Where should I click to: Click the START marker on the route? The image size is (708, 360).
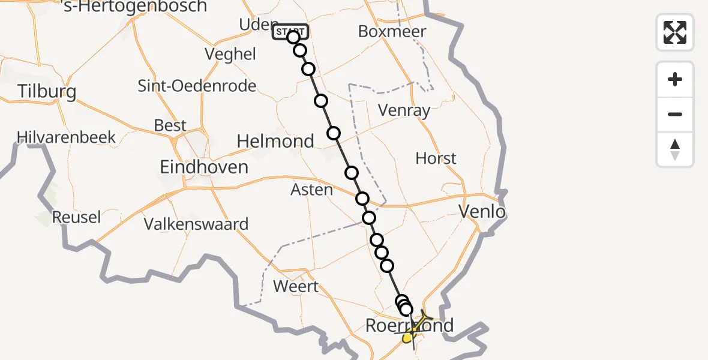[x=290, y=32]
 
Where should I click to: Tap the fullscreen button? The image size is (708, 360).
[x=675, y=32]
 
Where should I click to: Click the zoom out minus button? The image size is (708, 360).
[x=675, y=114]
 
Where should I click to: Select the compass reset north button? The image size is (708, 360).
[x=675, y=149]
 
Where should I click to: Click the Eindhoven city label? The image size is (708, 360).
[x=204, y=167]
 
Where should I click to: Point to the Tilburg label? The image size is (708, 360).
[x=47, y=92]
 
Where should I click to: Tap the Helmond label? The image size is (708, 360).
[x=275, y=142]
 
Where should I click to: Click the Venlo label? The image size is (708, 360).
[x=481, y=211]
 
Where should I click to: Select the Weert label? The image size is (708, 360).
[x=296, y=286]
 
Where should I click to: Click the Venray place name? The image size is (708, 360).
[x=404, y=110]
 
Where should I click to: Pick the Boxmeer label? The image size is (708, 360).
[x=392, y=31]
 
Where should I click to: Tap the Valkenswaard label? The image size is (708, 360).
[x=196, y=224]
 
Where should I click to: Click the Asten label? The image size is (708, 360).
[x=311, y=190]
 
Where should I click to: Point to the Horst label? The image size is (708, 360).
[x=436, y=158]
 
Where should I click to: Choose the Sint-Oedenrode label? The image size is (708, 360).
[x=197, y=86]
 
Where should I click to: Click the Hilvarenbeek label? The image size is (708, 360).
[x=67, y=137]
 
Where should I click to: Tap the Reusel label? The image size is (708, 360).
[x=76, y=217]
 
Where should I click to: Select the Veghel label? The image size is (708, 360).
[x=230, y=54]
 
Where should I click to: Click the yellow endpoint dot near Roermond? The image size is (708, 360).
[x=407, y=338]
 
